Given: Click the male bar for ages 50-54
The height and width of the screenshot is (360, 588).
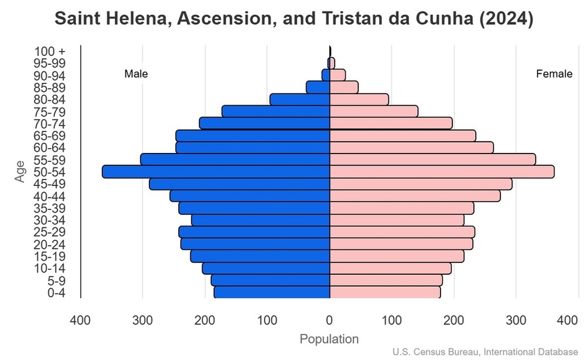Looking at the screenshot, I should (216, 172).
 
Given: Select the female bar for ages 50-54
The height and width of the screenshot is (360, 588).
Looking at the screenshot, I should (442, 172).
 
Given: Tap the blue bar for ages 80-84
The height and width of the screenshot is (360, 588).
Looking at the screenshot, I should (300, 100).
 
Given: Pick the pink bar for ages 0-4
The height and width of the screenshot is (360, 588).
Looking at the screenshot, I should (385, 292).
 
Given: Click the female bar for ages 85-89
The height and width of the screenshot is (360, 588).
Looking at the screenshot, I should (344, 88).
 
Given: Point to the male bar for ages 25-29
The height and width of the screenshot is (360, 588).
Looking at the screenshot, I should (254, 232).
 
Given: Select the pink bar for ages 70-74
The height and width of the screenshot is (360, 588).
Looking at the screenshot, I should (391, 124).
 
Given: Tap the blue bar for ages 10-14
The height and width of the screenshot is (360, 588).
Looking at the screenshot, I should (266, 268).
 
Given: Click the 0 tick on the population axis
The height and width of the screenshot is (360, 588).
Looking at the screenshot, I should (329, 320).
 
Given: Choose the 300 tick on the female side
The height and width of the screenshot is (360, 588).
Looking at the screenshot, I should (515, 320).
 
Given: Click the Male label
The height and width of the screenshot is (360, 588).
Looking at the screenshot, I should (136, 74).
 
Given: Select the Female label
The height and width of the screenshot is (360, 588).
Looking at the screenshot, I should (554, 74).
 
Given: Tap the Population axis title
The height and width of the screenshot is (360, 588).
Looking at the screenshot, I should (329, 339).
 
